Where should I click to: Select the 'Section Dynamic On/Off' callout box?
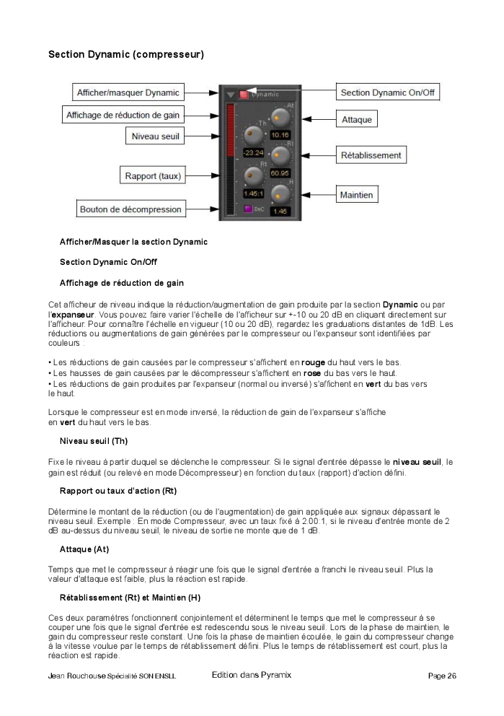click(388, 92)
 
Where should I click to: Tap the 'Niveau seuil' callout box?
click(155, 135)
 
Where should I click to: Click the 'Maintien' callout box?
click(357, 195)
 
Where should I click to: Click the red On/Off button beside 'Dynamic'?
click(244, 94)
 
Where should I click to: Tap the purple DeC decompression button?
click(247, 209)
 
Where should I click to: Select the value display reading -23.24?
click(253, 152)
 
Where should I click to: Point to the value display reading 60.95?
click(280, 173)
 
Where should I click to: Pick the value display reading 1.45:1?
click(253, 193)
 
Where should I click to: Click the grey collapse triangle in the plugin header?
click(231, 94)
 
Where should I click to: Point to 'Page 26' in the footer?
click(441, 676)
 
